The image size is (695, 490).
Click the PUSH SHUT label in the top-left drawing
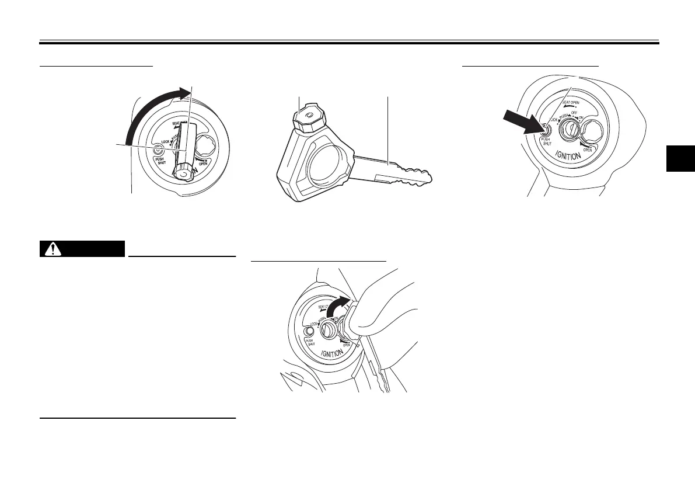pyautogui.click(x=160, y=161)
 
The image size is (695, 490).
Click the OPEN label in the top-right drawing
pyautogui.click(x=588, y=148)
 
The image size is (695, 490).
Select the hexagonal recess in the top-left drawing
pyautogui.click(x=207, y=144)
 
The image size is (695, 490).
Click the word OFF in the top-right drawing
pyautogui.click(x=574, y=113)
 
